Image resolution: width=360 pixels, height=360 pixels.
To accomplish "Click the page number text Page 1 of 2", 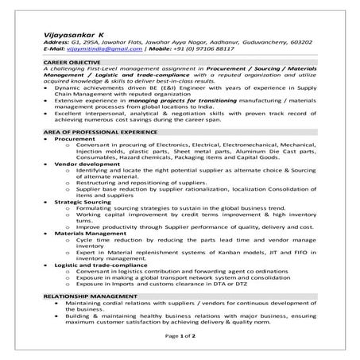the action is tap(180, 337).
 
